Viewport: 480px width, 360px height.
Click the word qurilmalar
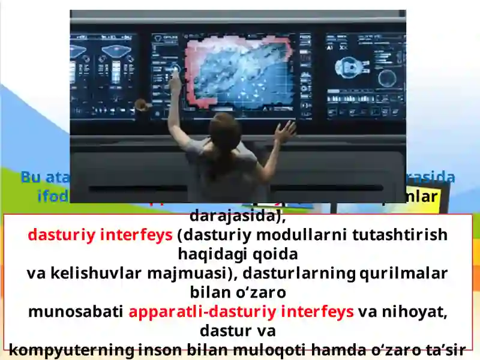tap(403, 274)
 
